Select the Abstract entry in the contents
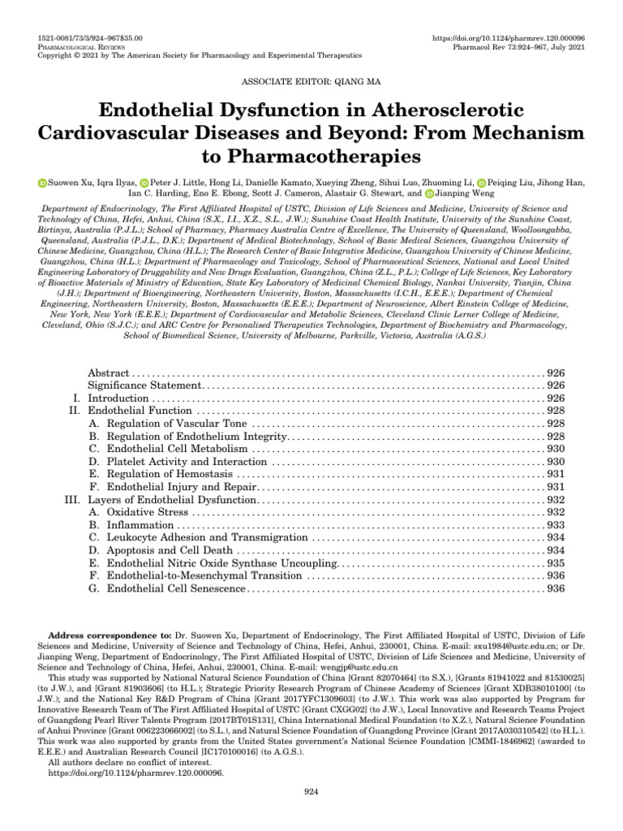point(108,372)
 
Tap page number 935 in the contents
point(556,563)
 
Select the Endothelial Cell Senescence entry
point(176,588)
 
